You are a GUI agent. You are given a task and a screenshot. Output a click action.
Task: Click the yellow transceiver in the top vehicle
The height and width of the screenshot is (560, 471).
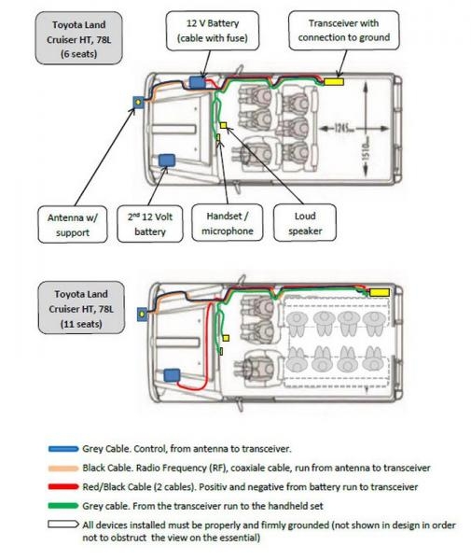tap(334, 82)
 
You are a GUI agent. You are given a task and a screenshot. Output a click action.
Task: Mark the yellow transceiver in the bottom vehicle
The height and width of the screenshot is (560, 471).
tap(379, 292)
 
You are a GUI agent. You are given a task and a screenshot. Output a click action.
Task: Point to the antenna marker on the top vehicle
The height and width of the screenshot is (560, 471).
tap(138, 100)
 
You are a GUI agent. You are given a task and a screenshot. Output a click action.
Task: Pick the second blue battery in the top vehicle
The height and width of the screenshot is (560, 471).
tap(170, 161)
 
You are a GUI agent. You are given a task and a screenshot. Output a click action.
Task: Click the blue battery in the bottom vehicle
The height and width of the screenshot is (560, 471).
tap(172, 375)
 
